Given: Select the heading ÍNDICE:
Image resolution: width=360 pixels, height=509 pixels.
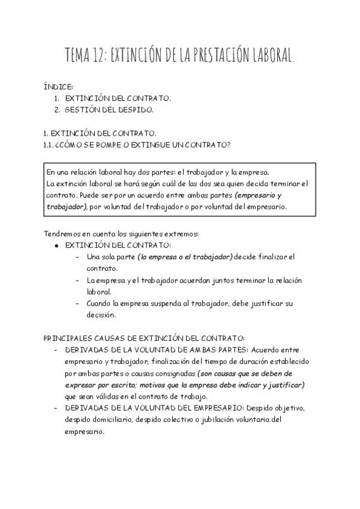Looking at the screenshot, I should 59,87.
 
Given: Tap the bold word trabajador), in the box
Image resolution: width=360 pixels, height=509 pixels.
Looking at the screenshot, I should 67,206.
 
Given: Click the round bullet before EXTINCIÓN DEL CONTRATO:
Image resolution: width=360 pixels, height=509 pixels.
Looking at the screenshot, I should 56,245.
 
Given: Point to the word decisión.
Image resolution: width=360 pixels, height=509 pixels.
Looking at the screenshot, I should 101,315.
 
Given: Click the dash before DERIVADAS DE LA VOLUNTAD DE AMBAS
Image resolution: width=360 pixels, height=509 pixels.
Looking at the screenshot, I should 56,350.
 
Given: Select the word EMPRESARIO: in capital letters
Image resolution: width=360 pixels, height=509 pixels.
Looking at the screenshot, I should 217,408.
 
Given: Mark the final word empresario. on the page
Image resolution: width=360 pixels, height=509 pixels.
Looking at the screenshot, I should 85,432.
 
